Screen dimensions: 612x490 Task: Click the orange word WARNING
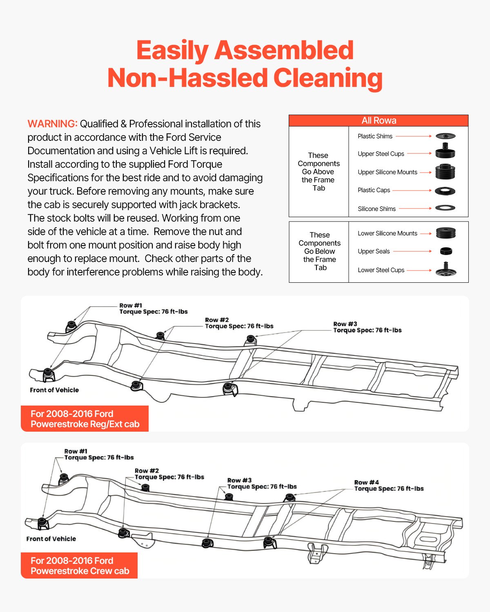coord(52,124)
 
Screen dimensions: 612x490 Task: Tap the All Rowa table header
coord(379,121)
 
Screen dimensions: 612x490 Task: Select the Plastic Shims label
coord(375,136)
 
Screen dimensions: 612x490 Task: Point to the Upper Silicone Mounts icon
coord(445,171)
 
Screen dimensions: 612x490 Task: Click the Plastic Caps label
coord(374,190)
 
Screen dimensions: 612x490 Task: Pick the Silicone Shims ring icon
coord(445,208)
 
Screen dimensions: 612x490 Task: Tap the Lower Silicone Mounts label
coord(387,233)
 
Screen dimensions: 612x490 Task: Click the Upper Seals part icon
coord(446,251)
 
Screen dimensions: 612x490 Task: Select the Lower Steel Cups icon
coord(445,269)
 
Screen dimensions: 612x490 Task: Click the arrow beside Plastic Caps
coord(412,190)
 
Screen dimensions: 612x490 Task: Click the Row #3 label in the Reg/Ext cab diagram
coord(345,324)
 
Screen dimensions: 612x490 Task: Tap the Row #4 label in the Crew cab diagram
coord(366,482)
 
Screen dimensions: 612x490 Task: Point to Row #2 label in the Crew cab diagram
coord(147,471)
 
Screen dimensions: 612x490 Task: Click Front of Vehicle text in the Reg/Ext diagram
coord(54,390)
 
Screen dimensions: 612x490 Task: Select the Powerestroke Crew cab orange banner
coord(79,565)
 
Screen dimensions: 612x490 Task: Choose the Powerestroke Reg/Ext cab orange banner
coord(85,419)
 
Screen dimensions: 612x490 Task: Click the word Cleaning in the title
coord(328,78)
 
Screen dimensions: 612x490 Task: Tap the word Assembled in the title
coord(284,50)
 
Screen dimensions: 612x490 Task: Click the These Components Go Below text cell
coord(319,251)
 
